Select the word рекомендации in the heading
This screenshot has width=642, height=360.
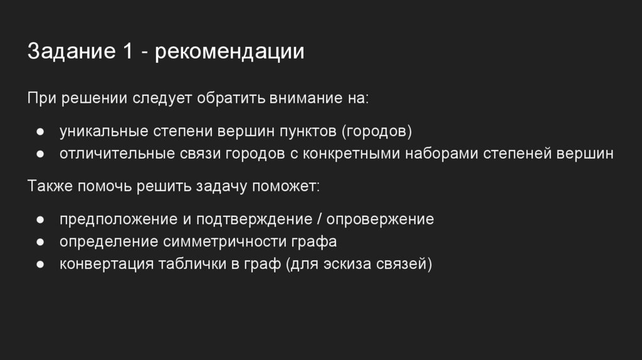point(230,51)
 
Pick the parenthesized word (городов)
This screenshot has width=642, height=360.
point(377,132)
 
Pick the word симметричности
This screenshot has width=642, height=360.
point(226,242)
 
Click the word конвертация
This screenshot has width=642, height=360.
point(107,263)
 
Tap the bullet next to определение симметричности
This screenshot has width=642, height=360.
point(39,242)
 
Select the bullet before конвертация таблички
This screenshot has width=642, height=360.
point(39,264)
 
